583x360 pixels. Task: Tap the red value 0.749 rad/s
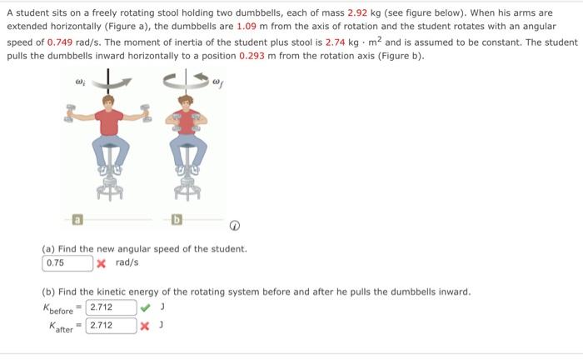coord(62,42)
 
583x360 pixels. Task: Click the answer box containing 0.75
coord(67,263)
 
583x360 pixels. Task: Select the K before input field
coord(112,307)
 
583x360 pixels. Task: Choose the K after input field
coord(112,325)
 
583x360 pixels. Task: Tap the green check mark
coord(146,307)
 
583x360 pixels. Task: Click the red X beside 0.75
coord(101,263)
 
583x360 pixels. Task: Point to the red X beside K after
coord(146,325)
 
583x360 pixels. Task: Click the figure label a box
coord(76,221)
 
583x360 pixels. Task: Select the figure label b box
coord(177,221)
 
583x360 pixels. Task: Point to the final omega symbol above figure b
coord(218,83)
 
